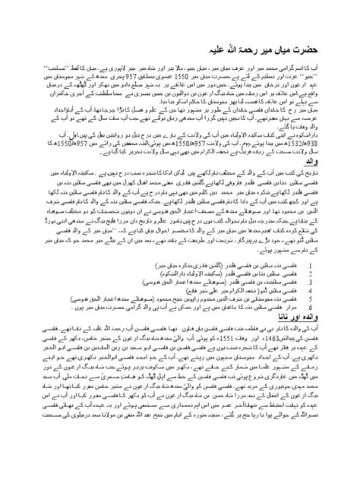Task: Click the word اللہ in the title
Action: (134, 37)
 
